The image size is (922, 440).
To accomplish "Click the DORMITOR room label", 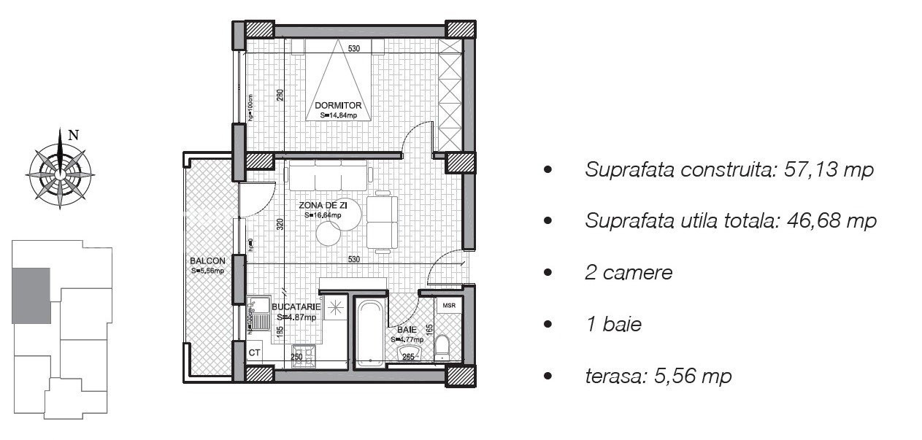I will tap(338, 106).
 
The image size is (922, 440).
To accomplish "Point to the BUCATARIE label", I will tap(296, 307).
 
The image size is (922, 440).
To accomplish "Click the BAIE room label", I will tap(403, 330).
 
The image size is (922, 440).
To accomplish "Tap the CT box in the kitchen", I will tap(255, 352).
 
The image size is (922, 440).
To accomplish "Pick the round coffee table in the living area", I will tap(330, 233).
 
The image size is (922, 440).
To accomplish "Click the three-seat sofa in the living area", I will tap(329, 176).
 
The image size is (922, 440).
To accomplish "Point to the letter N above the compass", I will tap(72, 134).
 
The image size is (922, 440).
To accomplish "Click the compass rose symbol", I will tap(58, 173).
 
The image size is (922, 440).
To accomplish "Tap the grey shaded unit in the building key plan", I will tap(31, 295).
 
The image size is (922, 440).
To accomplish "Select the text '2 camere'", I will tap(629, 273).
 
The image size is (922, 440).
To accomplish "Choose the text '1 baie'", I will tap(613, 325).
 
